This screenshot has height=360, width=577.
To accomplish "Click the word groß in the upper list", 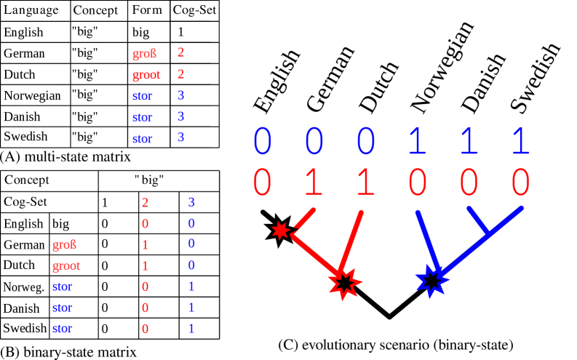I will click(x=144, y=54).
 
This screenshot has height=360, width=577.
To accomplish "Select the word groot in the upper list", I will click(x=146, y=75).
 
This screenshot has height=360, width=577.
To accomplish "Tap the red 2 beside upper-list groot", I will click(x=180, y=74).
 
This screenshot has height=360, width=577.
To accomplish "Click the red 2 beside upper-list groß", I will click(x=180, y=53).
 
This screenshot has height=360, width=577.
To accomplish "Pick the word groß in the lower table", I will click(x=64, y=245).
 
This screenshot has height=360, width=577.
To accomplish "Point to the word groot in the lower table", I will click(x=66, y=266).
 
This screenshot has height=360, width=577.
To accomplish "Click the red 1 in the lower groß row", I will click(x=145, y=244).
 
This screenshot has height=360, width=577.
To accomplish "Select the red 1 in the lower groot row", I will click(x=145, y=265).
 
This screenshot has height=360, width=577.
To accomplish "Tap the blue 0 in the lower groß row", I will click(x=191, y=244).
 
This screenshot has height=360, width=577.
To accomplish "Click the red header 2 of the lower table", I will click(x=145, y=202).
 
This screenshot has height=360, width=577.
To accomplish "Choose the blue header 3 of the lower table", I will click(x=191, y=202).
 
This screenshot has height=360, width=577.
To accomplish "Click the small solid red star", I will click(x=280, y=231).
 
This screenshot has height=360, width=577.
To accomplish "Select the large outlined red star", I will click(x=344, y=283).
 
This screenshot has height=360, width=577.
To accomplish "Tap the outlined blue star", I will click(x=431, y=281).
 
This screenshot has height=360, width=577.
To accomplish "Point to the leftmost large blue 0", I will click(x=262, y=141).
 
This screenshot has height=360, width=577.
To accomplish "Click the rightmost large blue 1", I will click(x=520, y=141).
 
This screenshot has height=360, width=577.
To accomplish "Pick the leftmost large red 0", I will click(x=262, y=183).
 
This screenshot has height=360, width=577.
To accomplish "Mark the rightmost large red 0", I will click(x=520, y=183).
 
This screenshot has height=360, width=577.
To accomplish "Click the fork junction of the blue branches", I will click(x=488, y=234).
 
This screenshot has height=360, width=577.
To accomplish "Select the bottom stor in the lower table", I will click(x=62, y=329).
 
